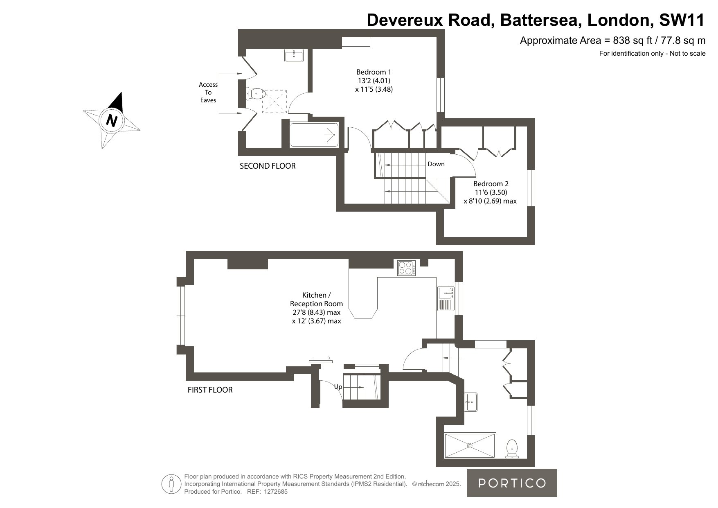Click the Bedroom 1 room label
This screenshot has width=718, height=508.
tap(374, 81)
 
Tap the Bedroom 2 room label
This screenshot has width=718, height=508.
tap(491, 192)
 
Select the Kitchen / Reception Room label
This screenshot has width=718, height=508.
tap(316, 308)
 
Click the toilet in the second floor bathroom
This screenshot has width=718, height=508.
tap(255, 94)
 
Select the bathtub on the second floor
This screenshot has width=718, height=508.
tap(314, 135)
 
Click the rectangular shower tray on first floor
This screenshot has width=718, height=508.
tap(470, 445)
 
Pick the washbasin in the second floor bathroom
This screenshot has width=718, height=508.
tap(294, 55)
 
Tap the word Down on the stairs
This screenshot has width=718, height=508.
tap(436, 164)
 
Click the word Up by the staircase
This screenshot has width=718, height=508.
tap(338, 386)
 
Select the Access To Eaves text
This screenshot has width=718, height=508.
tap(208, 92)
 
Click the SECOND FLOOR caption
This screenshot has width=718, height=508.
tap(268, 166)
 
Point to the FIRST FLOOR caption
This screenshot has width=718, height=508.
tap(210, 390)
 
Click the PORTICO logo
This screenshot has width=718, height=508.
tap(512, 483)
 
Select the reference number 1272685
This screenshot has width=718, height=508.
tap(275, 492)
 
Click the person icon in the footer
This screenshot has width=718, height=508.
tap(171, 484)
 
